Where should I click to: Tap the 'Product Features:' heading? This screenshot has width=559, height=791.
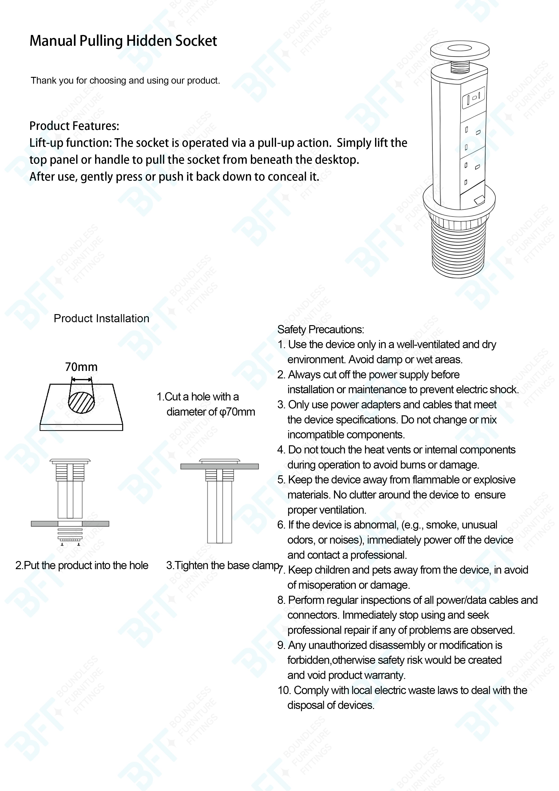coord(74,126)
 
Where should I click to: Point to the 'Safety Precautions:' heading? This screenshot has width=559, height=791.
coord(320,330)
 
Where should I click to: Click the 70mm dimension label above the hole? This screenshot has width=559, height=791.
coord(81,367)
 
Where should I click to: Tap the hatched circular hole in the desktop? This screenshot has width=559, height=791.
coord(81,402)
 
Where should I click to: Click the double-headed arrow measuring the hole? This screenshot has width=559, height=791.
coord(81,380)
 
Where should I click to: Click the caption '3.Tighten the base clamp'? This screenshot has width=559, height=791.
coord(222,565)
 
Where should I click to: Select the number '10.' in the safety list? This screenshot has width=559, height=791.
coord(284,690)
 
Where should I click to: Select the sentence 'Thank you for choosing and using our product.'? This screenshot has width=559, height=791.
coord(125,81)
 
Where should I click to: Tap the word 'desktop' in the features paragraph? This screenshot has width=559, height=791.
coord(337,160)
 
